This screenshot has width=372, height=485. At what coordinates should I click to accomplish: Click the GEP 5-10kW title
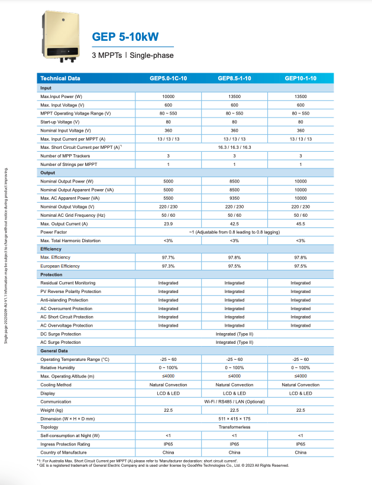(125, 37)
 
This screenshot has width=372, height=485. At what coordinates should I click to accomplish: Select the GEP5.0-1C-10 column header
(168, 79)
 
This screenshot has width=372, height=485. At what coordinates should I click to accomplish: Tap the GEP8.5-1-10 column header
(234, 79)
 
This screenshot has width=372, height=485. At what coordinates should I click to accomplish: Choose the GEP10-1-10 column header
(300, 79)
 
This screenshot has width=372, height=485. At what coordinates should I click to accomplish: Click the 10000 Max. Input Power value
(168, 96)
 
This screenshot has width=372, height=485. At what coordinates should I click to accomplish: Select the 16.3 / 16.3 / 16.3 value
(234, 147)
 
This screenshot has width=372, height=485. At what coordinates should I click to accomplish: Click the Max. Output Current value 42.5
(234, 224)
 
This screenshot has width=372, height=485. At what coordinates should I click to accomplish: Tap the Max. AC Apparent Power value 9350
(234, 198)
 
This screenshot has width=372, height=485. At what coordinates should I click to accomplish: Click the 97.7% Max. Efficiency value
(168, 258)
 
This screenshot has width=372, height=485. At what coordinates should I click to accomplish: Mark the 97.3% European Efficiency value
(168, 266)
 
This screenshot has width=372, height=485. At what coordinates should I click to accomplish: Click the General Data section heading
(54, 351)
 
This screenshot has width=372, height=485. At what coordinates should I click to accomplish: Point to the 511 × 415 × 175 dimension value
(234, 418)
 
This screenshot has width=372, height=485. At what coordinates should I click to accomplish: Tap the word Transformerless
(234, 427)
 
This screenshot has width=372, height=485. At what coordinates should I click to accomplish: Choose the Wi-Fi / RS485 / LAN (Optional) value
(234, 402)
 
